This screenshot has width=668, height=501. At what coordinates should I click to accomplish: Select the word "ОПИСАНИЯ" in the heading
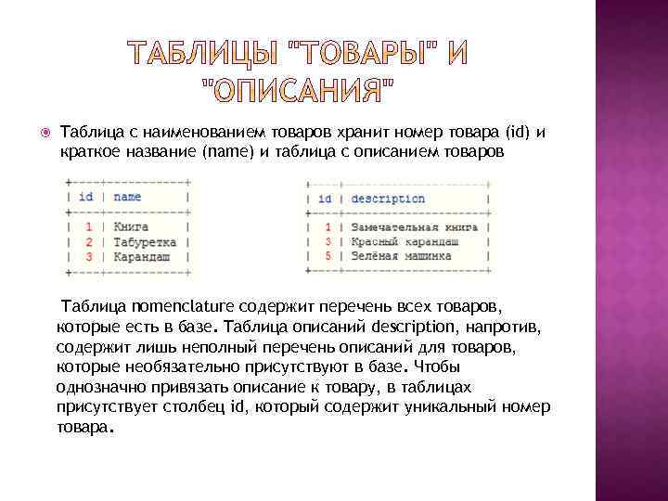coord(297,91)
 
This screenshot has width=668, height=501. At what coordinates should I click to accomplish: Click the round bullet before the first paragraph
coord(38,133)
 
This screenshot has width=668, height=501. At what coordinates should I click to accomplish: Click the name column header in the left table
coord(127,197)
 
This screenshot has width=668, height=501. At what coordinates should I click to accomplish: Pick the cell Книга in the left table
coord(131,225)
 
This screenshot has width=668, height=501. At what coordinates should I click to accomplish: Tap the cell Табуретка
coord(145,240)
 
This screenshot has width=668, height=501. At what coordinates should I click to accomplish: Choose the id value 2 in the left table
coord(88,240)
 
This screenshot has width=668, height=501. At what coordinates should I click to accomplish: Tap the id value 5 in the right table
coord(328,256)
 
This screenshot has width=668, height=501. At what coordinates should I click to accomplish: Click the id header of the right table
coord(325,199)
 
